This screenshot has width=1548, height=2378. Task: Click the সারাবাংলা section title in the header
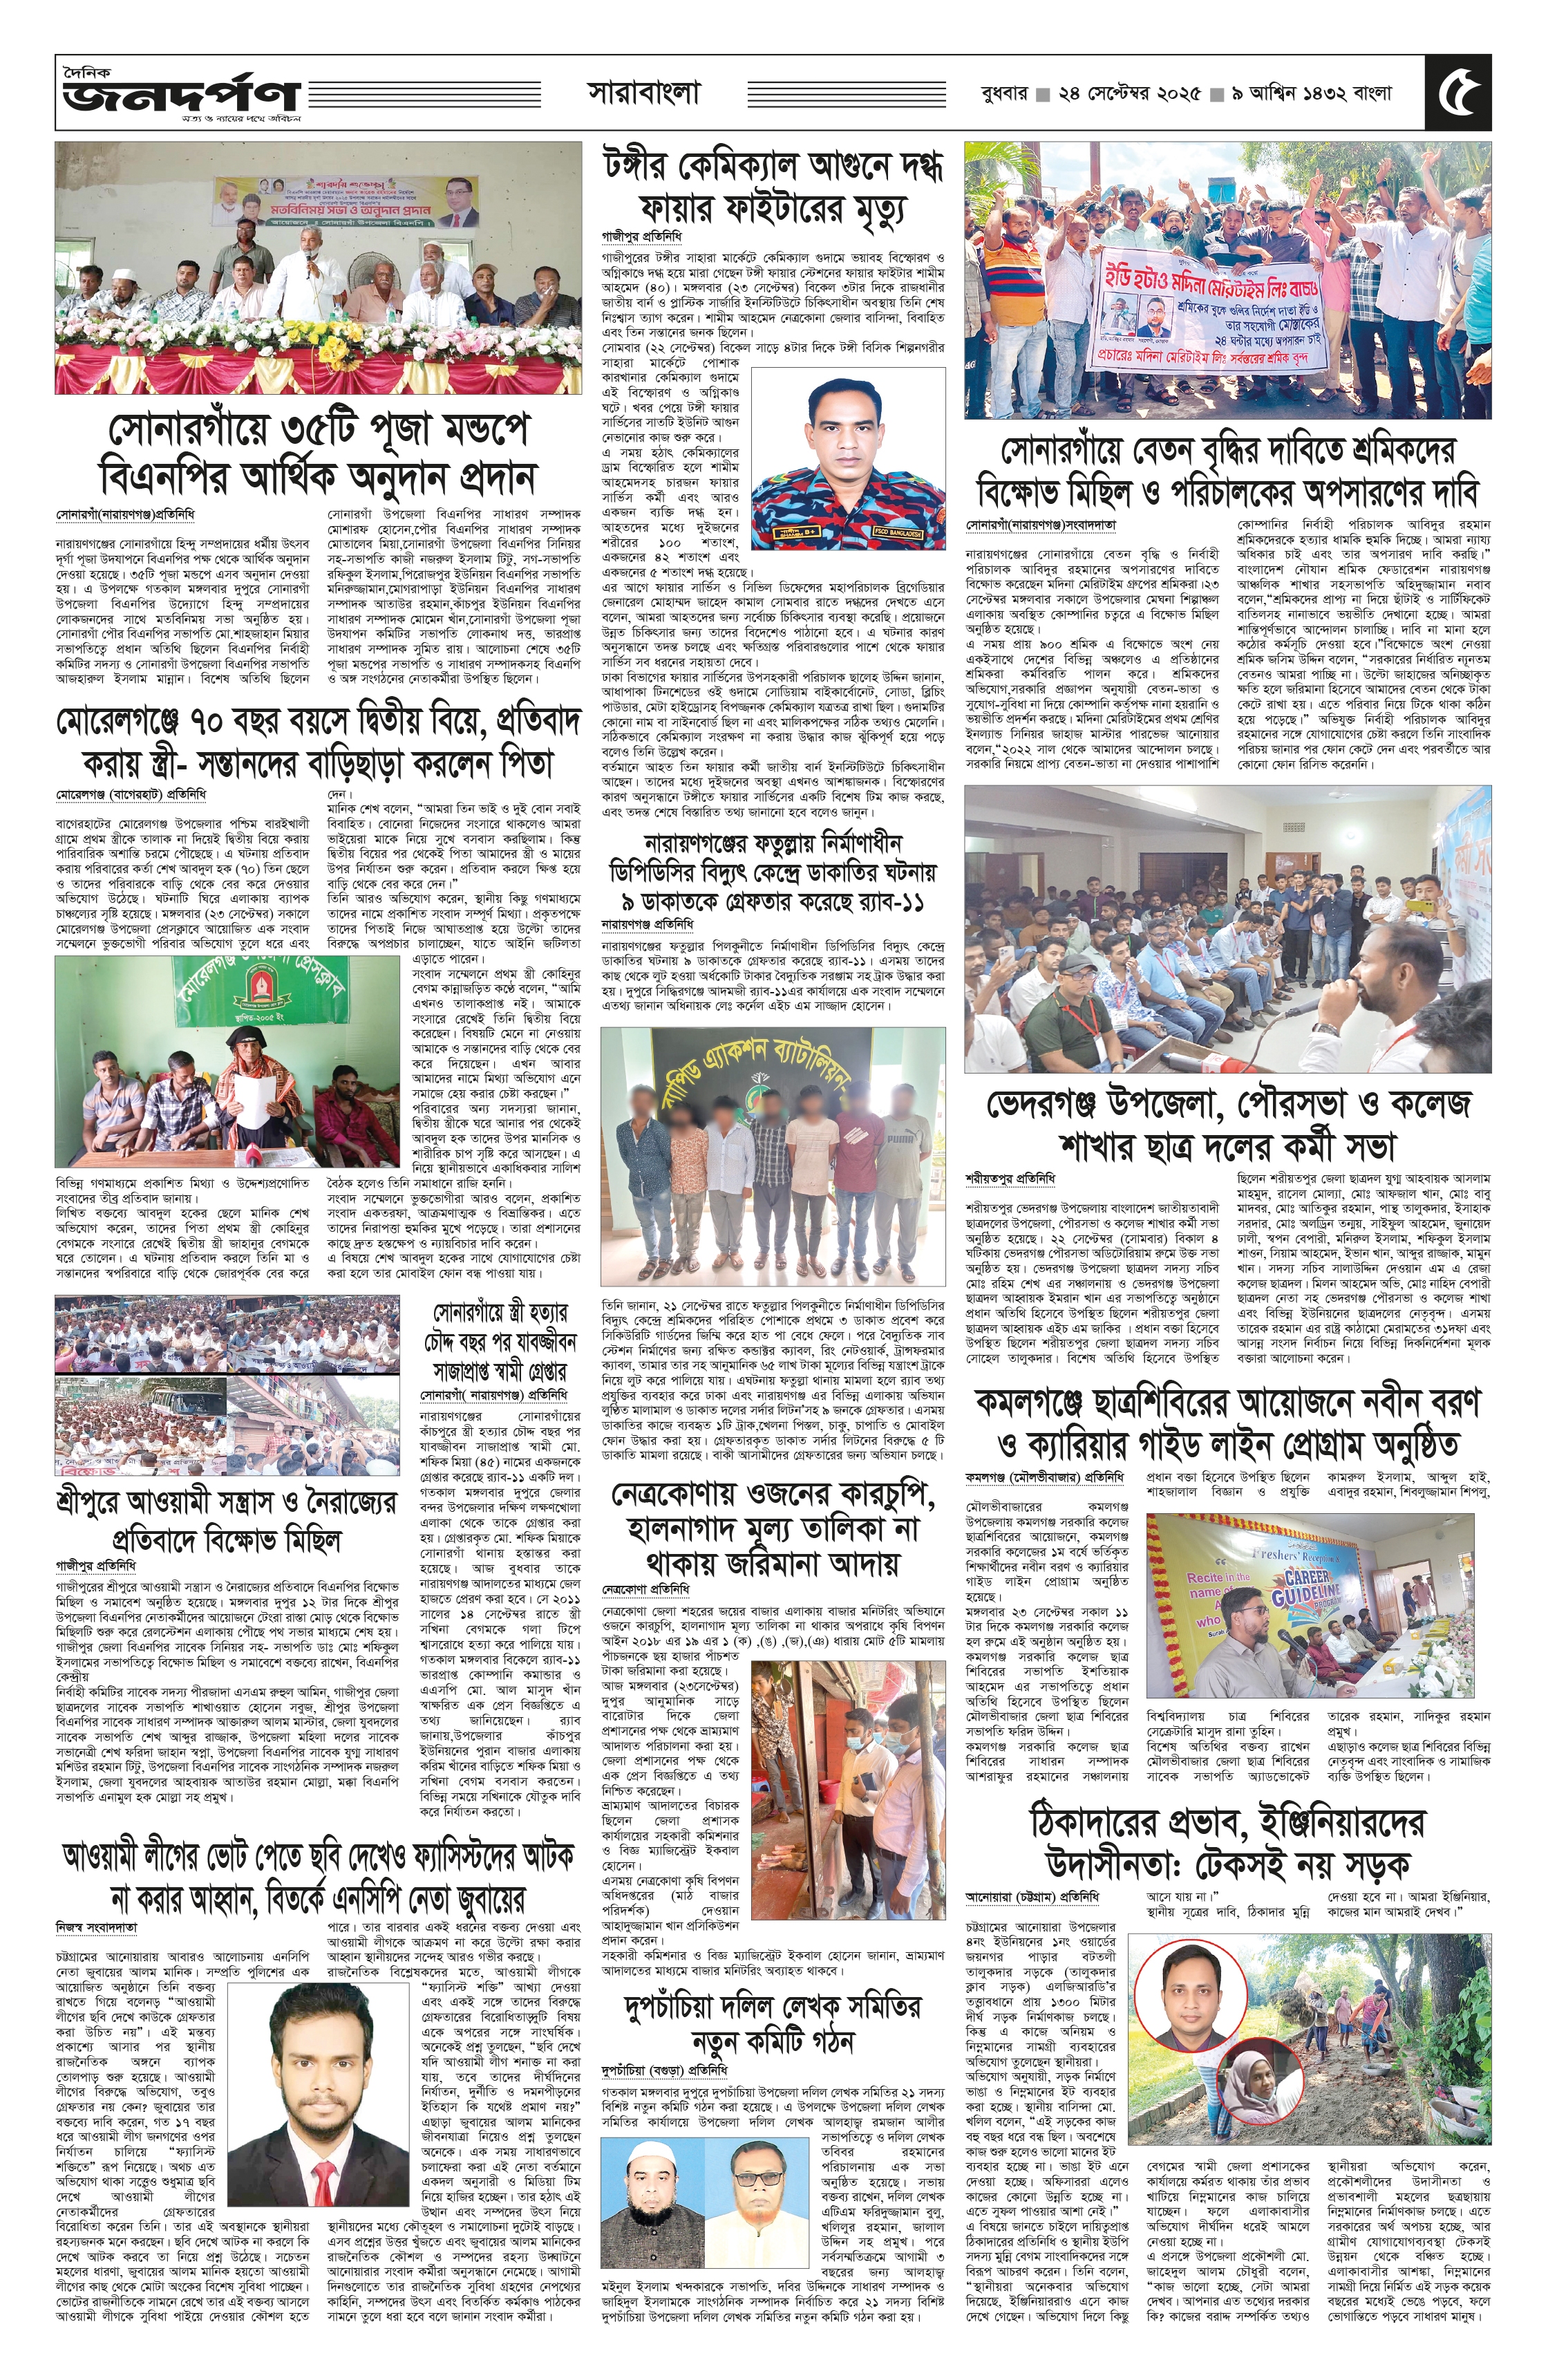(x=643, y=93)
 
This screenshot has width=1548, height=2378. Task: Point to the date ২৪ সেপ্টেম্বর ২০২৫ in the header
(x=1129, y=95)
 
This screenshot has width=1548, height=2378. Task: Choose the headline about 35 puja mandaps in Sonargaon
(x=319, y=451)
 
